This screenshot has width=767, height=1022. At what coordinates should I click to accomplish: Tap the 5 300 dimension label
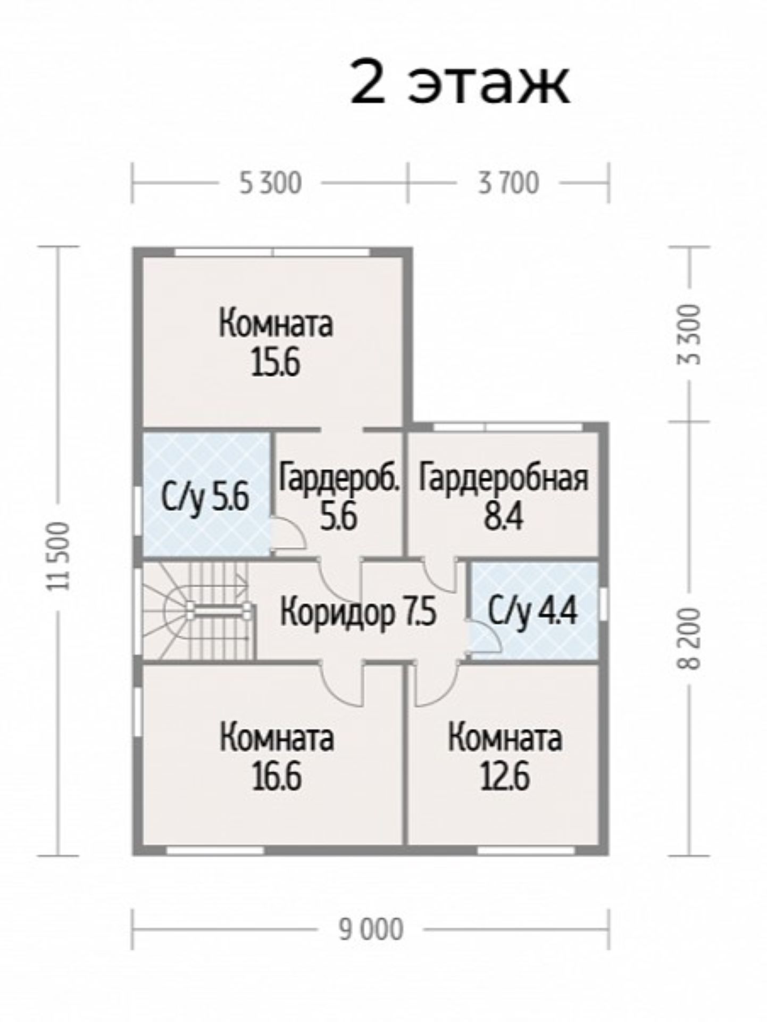(270, 183)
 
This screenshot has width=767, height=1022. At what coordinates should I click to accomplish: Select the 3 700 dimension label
(508, 183)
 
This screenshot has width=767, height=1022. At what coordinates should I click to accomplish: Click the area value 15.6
(276, 364)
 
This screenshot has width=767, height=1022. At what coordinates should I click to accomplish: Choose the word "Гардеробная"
(503, 477)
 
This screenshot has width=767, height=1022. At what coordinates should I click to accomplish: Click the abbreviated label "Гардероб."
(339, 477)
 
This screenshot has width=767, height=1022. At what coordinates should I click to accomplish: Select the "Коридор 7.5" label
(358, 612)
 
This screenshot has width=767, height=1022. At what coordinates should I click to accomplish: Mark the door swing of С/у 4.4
(485, 636)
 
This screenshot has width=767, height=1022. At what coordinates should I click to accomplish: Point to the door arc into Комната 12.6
(436, 685)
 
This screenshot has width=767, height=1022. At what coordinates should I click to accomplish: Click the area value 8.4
(503, 516)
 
